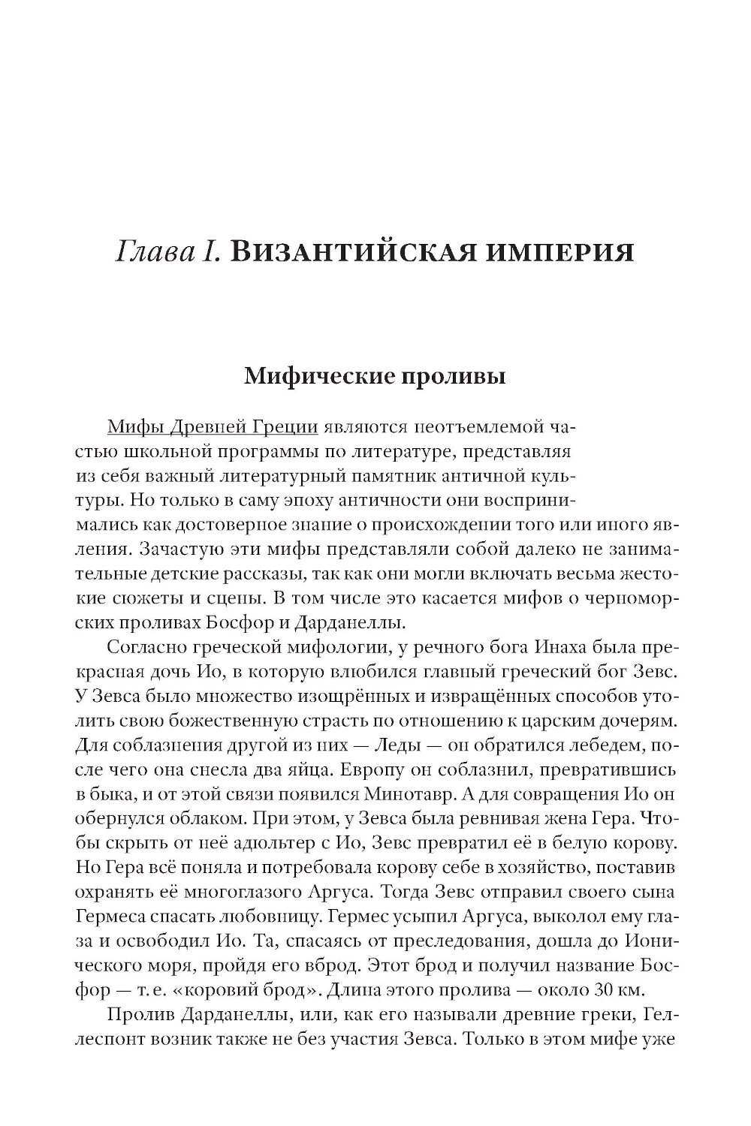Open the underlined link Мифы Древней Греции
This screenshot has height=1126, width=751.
(213, 428)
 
